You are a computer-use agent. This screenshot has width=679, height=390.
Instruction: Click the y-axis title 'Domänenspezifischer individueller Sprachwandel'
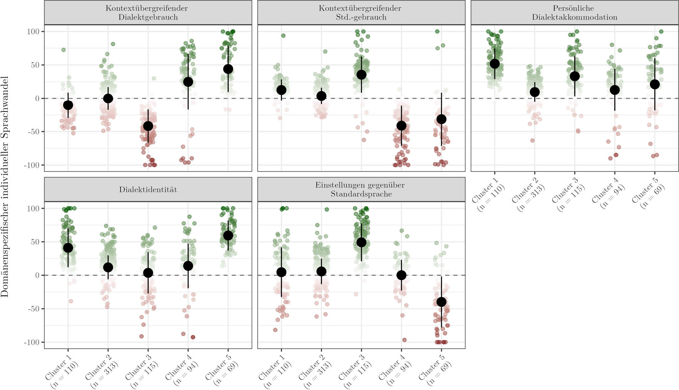pyautogui.click(x=5, y=187)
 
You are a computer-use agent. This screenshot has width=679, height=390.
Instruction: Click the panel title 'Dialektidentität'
pyautogui.click(x=148, y=190)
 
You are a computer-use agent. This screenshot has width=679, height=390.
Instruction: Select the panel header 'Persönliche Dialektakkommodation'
pyautogui.click(x=574, y=13)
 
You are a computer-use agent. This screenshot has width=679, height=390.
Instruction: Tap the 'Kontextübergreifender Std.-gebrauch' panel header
pyautogui.click(x=361, y=13)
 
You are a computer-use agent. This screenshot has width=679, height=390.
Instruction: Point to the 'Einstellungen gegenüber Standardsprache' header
pyautogui.click(x=361, y=189)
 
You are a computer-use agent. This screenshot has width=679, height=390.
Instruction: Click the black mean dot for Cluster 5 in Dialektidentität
pyautogui.click(x=228, y=235)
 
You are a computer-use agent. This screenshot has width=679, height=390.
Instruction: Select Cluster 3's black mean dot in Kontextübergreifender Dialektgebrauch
pyautogui.click(x=148, y=126)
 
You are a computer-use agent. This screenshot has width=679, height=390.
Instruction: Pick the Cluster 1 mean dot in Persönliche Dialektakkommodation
pyautogui.click(x=494, y=64)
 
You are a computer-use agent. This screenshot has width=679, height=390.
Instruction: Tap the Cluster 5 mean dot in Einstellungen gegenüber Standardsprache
pyautogui.click(x=441, y=302)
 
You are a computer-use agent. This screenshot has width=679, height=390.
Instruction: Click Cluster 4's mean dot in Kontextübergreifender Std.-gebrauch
pyautogui.click(x=401, y=125)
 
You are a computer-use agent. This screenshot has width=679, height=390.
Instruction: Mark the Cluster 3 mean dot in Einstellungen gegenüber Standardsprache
pyautogui.click(x=361, y=242)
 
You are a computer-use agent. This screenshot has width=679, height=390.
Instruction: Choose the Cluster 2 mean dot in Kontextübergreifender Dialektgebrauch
pyautogui.click(x=108, y=99)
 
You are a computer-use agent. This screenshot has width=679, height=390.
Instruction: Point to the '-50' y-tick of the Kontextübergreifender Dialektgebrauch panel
pyautogui.click(x=34, y=132)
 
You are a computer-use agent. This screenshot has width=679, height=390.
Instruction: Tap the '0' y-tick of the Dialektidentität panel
pyautogui.click(x=37, y=275)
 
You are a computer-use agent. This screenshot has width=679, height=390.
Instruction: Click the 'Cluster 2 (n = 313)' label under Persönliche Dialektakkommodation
pyautogui.click(x=528, y=195)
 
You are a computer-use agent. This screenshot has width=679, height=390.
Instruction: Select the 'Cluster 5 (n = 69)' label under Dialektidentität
pyautogui.click(x=221, y=371)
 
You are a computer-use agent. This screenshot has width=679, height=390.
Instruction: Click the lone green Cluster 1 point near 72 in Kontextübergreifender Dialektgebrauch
pyautogui.click(x=63, y=50)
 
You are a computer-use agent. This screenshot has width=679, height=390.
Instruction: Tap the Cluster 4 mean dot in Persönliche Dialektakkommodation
pyautogui.click(x=615, y=90)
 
